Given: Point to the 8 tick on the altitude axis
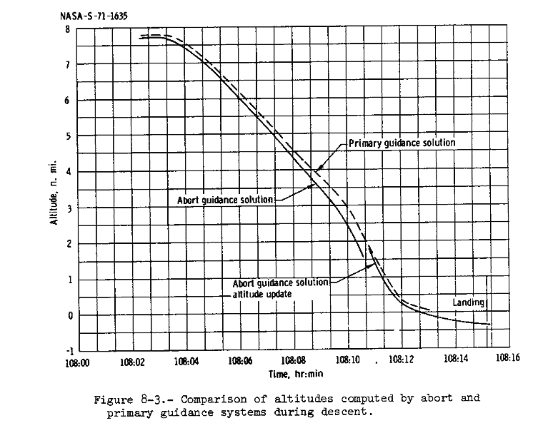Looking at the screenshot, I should point(67,29).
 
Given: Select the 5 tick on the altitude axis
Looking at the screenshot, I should point(67,136).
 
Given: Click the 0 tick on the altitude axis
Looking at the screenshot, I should point(67,315).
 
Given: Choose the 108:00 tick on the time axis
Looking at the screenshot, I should point(76,361).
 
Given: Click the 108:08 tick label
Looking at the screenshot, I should point(294,361).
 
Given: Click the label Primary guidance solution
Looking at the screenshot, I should point(402,143).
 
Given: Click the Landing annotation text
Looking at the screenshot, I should point(469,302).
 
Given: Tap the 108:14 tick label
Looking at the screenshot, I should point(456,360).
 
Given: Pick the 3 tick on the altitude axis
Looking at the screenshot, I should point(67,208).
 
